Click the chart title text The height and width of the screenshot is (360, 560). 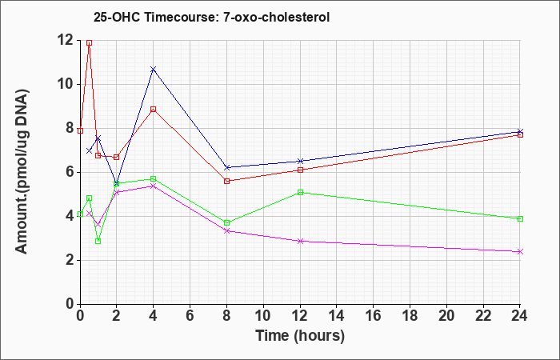point(211,17)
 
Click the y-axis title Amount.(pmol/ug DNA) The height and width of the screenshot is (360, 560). point(22,171)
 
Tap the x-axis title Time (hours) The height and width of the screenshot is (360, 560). point(300,336)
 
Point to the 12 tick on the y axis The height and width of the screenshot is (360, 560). point(66,40)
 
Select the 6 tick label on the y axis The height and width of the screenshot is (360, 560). point(71,172)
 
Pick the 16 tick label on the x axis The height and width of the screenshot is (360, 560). point(374,316)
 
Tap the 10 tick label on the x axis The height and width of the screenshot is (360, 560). point(263,316)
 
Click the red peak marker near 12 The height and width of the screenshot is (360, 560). point(90,43)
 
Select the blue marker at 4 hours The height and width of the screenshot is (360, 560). point(154,69)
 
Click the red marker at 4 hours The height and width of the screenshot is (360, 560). point(154,110)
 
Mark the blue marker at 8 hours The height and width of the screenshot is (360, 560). point(226,167)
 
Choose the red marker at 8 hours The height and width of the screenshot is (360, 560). point(226,181)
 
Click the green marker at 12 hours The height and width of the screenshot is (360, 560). point(300,193)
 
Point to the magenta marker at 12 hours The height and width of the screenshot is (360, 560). point(300,241)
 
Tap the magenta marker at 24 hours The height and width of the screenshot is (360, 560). point(520,252)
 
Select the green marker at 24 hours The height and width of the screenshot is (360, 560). point(520,219)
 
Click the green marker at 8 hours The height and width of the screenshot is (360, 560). point(226,223)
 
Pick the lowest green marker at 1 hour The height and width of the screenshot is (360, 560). point(98,242)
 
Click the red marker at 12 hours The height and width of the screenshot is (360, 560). point(300,170)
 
